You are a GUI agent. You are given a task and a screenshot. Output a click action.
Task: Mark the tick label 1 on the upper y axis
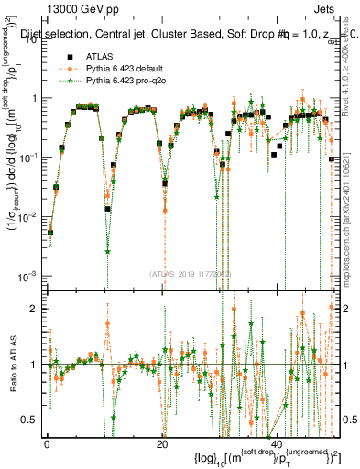(x=35, y=98)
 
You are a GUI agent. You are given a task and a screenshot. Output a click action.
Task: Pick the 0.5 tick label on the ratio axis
(x=30, y=420)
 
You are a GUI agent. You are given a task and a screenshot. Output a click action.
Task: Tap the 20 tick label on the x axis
(x=161, y=444)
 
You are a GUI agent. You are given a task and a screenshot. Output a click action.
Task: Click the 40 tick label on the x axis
(x=276, y=444)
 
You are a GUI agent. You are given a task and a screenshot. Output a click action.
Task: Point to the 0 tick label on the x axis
(x=47, y=444)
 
